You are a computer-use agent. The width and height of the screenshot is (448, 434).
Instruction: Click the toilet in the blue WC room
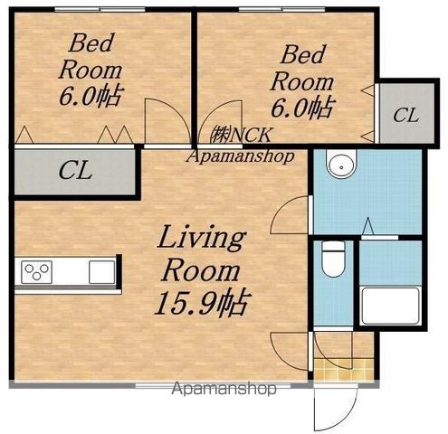tap(333, 259)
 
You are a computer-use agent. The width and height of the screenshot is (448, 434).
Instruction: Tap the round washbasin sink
tap(341, 165)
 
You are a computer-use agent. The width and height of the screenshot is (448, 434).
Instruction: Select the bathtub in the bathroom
tap(391, 306)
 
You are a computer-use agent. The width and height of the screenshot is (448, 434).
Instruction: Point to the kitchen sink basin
tap(102, 272)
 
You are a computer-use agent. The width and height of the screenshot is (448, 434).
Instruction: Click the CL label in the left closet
tap(75, 171)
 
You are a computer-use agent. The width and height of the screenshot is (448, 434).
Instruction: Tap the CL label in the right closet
tap(406, 115)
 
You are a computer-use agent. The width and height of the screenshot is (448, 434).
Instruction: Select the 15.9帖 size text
tap(202, 303)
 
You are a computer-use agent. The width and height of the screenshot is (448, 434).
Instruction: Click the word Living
tap(202, 239)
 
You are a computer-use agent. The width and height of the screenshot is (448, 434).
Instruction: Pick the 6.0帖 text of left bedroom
tap(91, 96)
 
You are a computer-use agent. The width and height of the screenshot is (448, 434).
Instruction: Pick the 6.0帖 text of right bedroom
tap(303, 107)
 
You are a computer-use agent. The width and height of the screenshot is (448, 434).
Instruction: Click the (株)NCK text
tap(241, 135)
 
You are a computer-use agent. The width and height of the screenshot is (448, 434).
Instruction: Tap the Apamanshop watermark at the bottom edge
tap(224, 389)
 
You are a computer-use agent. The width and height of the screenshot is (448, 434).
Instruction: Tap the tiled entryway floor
tap(344, 368)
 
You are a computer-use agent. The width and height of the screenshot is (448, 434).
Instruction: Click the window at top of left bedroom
tap(100, 9)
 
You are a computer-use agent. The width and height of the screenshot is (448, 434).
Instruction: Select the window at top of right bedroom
tap(282, 9)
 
